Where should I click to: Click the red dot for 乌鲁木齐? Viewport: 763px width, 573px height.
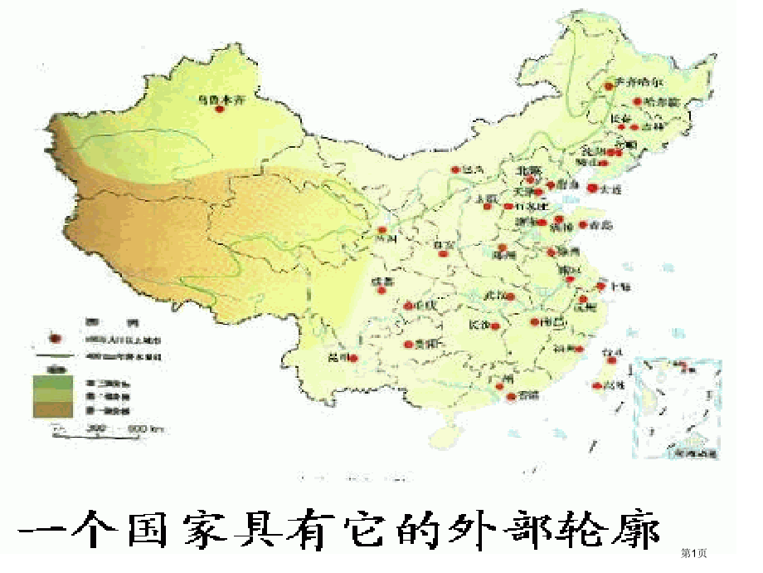tap(220, 108)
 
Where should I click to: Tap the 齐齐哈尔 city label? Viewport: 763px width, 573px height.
tap(639, 82)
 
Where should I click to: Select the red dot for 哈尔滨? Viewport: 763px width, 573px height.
tap(638, 101)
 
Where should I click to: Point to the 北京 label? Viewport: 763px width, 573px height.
tap(529, 171)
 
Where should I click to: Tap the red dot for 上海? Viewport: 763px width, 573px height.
tap(601, 286)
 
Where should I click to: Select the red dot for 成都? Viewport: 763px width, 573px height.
tap(381, 290)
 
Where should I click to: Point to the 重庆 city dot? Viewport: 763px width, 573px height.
tap(407, 306)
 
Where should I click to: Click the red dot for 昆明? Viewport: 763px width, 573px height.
tap(354, 359)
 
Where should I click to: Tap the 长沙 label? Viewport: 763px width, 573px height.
tap(479, 325)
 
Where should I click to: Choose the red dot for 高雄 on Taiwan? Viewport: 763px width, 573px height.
tap(598, 385)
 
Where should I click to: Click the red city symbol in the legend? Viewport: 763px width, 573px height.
tap(57, 339)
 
